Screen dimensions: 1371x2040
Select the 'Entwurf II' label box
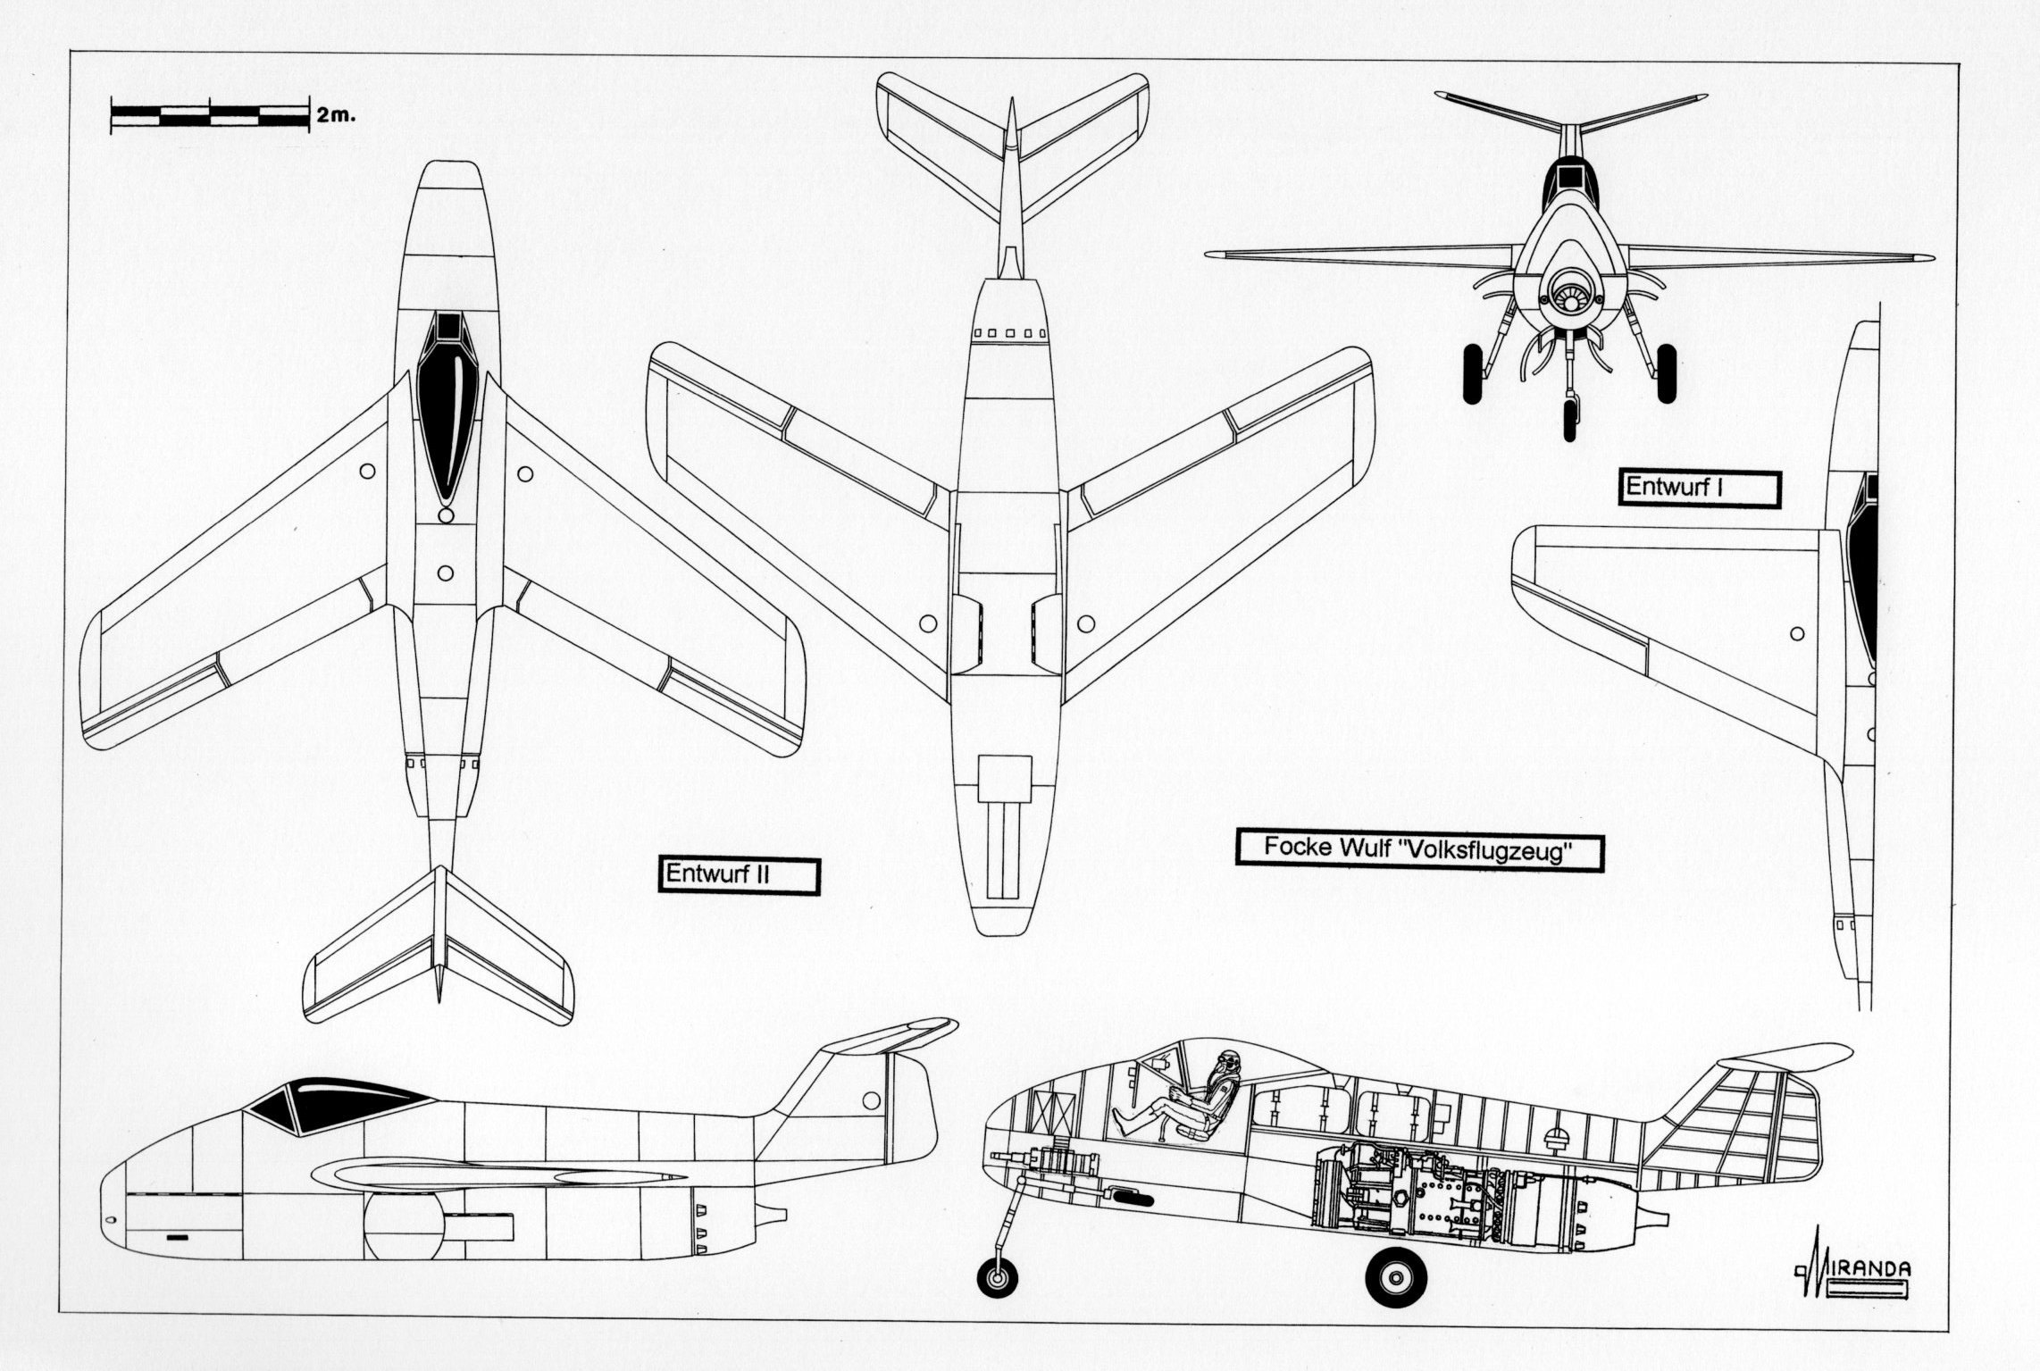pos(739,874)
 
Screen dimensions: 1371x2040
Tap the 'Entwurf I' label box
pos(1700,488)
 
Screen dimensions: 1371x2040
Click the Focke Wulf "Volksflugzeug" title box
pos(1418,849)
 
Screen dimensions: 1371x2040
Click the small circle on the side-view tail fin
pos(871,1099)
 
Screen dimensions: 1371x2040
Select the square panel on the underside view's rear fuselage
pos(1004,777)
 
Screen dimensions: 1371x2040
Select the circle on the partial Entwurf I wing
pos(1797,634)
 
